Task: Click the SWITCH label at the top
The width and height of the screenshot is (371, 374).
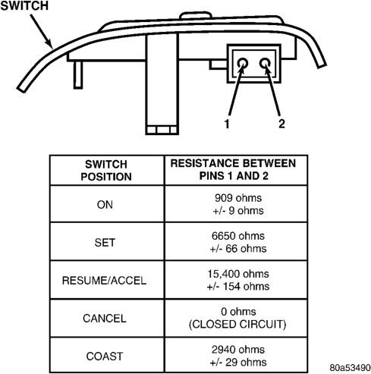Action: click(24, 5)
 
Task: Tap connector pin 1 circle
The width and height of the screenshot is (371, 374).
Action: click(243, 63)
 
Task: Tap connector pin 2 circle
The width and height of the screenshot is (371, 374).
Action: click(265, 63)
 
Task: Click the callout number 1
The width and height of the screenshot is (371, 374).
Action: click(227, 124)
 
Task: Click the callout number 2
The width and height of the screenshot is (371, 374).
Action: click(281, 124)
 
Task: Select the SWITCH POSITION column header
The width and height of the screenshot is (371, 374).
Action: click(106, 171)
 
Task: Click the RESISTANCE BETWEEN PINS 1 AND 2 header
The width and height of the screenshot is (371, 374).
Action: click(233, 169)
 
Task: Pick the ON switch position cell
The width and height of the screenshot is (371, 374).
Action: click(105, 205)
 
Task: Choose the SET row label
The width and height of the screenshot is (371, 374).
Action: click(105, 243)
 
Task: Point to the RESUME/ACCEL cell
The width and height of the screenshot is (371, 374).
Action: click(104, 281)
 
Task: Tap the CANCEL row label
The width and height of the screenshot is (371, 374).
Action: click(105, 319)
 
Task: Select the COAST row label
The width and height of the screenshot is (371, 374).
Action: click(105, 357)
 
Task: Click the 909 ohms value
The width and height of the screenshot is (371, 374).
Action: click(238, 198)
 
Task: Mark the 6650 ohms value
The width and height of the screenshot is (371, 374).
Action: click(238, 236)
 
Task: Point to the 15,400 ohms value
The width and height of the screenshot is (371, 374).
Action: click(238, 274)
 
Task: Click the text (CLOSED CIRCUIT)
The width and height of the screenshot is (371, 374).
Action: click(237, 324)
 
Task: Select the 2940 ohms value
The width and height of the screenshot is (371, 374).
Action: click(238, 350)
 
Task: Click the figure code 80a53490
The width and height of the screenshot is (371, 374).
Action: click(351, 367)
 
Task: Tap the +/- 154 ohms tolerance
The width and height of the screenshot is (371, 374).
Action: click(238, 286)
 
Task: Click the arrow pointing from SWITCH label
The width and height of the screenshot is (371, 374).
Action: click(42, 31)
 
